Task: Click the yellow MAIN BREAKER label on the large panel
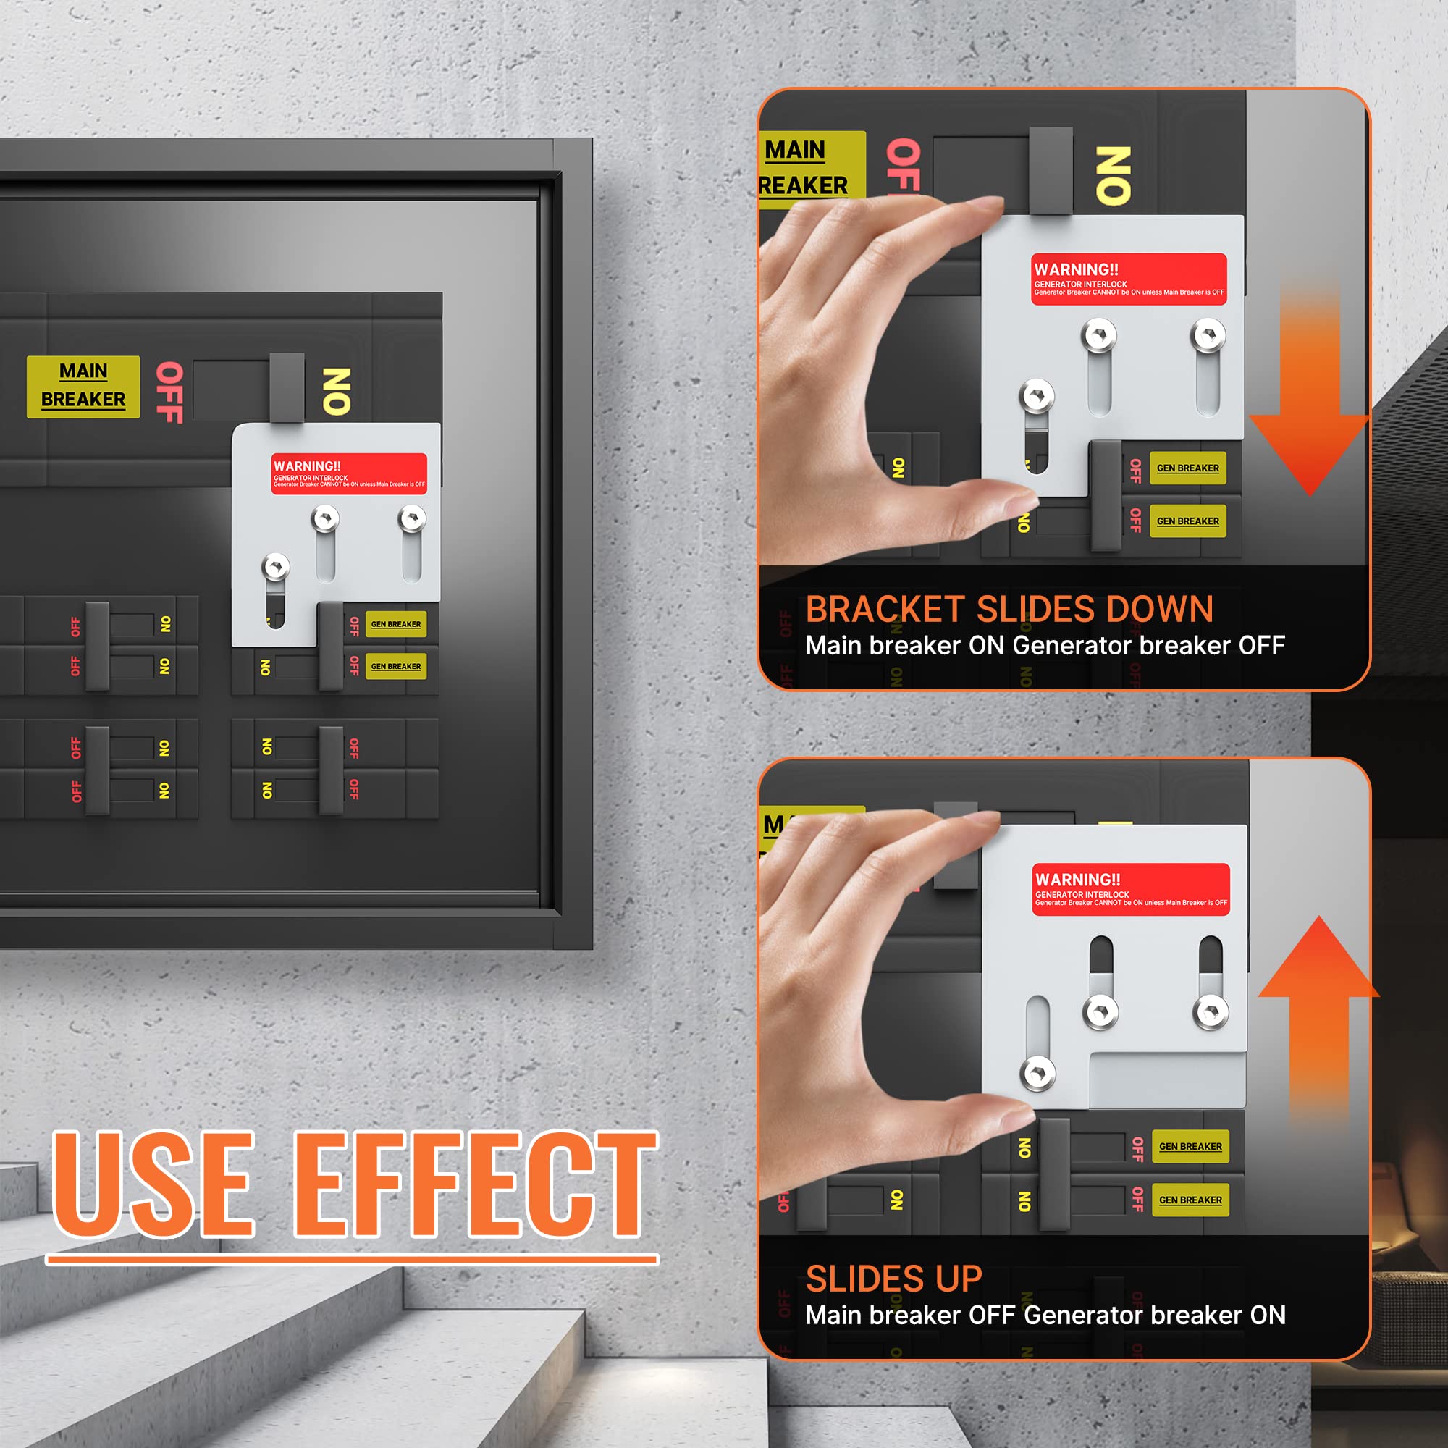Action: coord(83,386)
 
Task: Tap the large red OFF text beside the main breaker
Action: coord(170,391)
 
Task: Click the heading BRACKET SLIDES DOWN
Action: coord(1009,609)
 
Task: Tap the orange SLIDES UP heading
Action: coord(893,1279)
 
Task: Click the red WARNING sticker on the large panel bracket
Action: coord(348,473)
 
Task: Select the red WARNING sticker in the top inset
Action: coord(1129,279)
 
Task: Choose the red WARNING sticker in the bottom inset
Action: coord(1130,889)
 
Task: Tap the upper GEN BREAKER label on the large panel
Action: coord(396,623)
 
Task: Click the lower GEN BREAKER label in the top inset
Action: coord(1187,521)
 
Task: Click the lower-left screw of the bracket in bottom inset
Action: coord(1038,1073)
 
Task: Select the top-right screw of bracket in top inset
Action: coord(1208,334)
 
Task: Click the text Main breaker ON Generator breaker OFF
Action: coord(1045,645)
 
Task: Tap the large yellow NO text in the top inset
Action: coord(1113,175)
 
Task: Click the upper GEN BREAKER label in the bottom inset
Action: coord(1190,1146)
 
